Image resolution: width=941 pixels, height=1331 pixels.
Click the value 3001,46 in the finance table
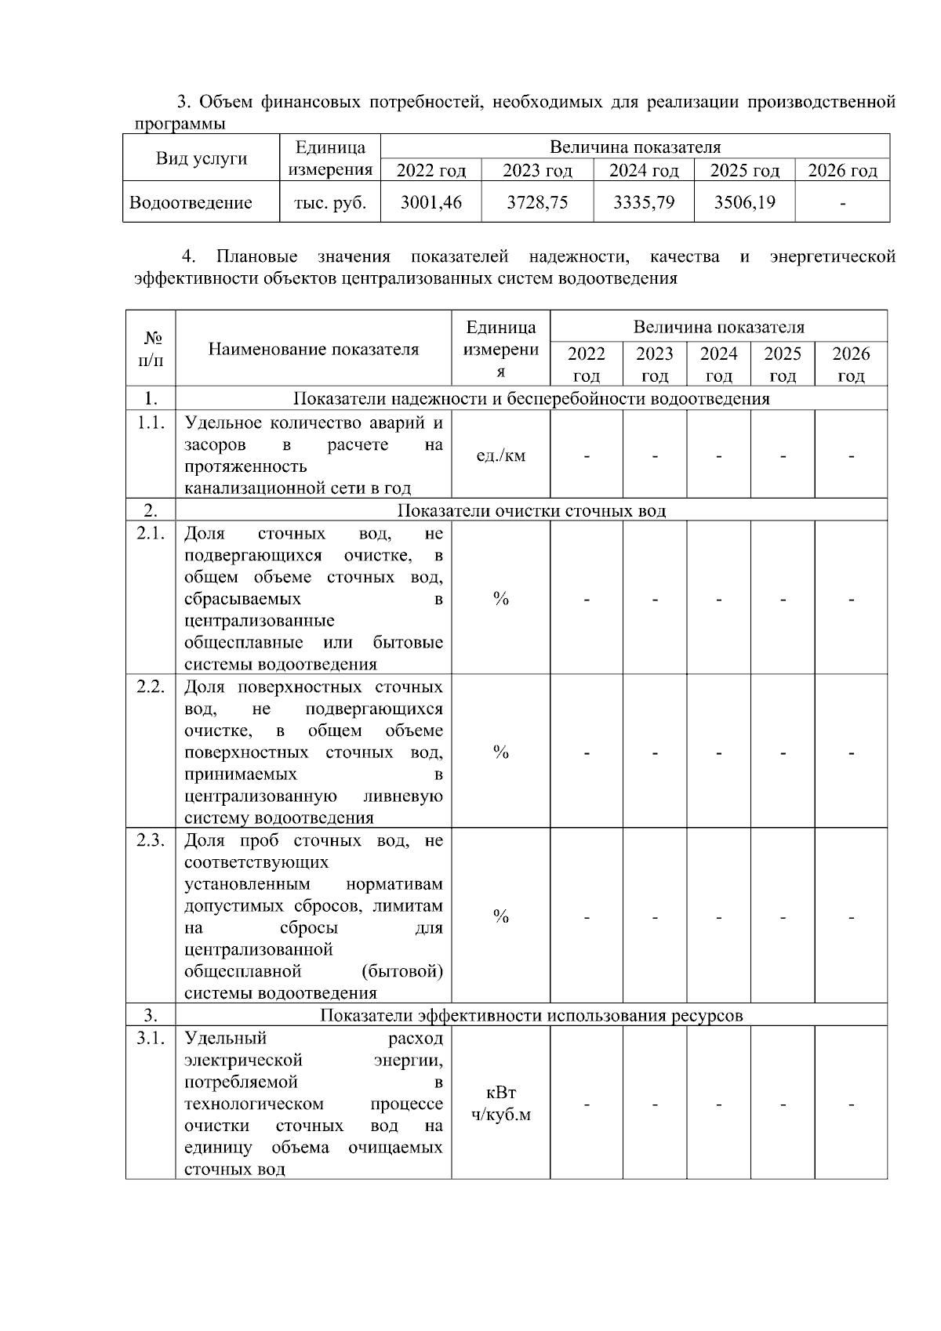coord(431,202)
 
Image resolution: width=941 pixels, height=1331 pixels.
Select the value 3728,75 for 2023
coord(537,202)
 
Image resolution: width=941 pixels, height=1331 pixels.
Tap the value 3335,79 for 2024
coord(643,202)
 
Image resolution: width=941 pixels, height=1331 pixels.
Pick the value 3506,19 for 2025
coord(744,202)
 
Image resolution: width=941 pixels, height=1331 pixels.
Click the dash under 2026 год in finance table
coord(842,204)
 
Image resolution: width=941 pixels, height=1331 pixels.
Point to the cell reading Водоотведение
coord(191,203)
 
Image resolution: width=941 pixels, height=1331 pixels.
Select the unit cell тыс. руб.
coord(330,202)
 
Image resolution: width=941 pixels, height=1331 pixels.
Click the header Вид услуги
coord(202,158)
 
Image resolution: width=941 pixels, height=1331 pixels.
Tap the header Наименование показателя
coord(314,350)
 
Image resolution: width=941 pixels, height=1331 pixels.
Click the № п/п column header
coord(151,349)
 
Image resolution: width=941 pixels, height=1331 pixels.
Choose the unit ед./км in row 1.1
coord(501,455)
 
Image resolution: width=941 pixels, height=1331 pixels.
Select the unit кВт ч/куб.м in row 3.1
coord(501,1104)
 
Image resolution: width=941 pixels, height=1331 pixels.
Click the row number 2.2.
coord(151,687)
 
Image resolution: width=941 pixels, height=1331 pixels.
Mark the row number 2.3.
coord(151,840)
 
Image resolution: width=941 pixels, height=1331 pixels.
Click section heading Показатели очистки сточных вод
coord(531,511)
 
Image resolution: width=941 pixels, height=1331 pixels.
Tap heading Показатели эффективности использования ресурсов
coord(531,1016)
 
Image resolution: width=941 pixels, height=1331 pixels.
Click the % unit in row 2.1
coord(501,599)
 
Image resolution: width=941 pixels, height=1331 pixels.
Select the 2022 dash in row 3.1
coord(587,1104)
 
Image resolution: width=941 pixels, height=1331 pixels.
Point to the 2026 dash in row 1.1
coord(851,455)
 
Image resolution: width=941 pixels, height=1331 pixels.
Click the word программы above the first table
coord(180,124)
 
